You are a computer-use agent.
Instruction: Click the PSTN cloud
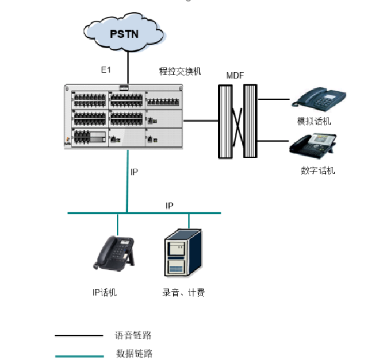pos(124,34)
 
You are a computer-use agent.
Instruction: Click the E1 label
pos(106,70)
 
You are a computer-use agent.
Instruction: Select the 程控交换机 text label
pos(180,72)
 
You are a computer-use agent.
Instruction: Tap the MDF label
pos(235,76)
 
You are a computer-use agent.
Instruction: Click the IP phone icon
pos(115,254)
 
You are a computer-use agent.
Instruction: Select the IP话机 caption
pos(105,293)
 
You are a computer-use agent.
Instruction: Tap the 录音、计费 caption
pos(184,293)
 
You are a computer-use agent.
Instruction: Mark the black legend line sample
pos(78,336)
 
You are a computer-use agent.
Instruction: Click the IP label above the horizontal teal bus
pos(170,206)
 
